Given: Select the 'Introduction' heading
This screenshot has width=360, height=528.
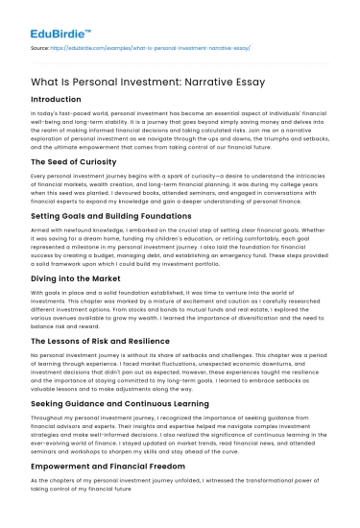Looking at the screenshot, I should pos(57,99).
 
